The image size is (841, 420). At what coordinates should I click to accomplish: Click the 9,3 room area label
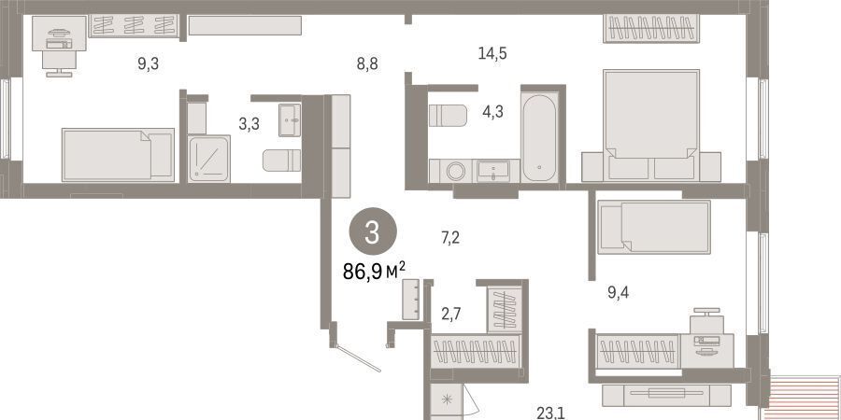148,64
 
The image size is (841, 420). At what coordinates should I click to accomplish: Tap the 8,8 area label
367,64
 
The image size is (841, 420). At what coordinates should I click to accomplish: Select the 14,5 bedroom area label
492,53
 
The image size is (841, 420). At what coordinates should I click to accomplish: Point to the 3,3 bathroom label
249,124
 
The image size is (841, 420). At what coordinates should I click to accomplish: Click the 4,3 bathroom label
492,113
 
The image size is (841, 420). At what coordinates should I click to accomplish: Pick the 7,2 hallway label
450,237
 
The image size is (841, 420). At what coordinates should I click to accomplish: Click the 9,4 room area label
618,292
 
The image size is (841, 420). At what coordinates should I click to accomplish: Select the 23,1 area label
550,413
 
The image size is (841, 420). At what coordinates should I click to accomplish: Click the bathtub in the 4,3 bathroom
540,137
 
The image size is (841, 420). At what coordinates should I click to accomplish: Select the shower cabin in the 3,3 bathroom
208,159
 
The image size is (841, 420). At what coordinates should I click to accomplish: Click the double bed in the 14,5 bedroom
651,125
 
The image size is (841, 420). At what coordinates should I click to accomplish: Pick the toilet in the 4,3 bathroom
448,116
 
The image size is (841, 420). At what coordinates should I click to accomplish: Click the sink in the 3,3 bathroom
290,120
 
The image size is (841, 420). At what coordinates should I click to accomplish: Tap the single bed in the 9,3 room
118,155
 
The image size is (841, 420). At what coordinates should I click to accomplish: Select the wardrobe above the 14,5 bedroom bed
651,28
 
